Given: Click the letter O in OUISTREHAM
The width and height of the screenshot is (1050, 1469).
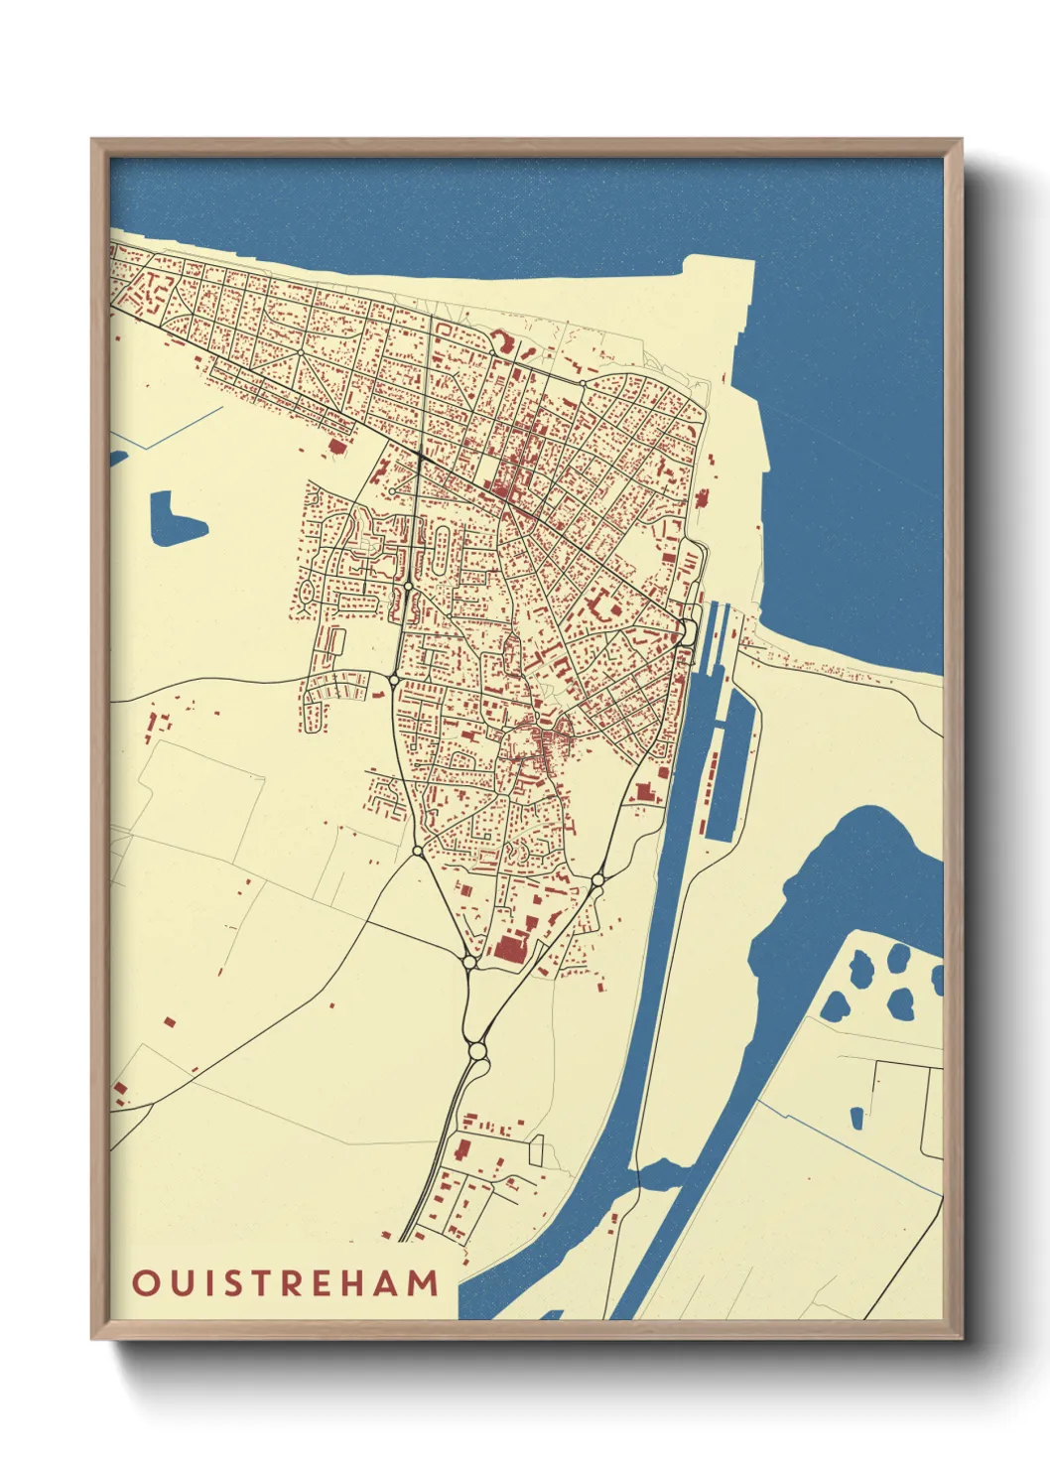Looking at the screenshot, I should (x=146, y=1282).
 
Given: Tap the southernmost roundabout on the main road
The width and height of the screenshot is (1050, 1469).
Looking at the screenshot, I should (x=477, y=1049).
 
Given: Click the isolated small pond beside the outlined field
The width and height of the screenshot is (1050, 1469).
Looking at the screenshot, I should (x=856, y=1118).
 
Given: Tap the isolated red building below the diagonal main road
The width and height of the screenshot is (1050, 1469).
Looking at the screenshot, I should (x=337, y=446).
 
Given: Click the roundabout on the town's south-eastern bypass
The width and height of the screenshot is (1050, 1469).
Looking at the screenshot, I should (x=597, y=879).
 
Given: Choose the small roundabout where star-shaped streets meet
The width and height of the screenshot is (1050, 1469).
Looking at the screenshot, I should (x=298, y=353).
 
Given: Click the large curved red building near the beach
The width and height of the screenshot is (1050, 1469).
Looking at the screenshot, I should (x=502, y=344).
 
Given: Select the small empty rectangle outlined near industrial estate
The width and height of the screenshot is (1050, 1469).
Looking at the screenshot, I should (x=537, y=1150).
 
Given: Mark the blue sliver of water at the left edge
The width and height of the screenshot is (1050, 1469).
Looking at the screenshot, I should (x=117, y=458).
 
